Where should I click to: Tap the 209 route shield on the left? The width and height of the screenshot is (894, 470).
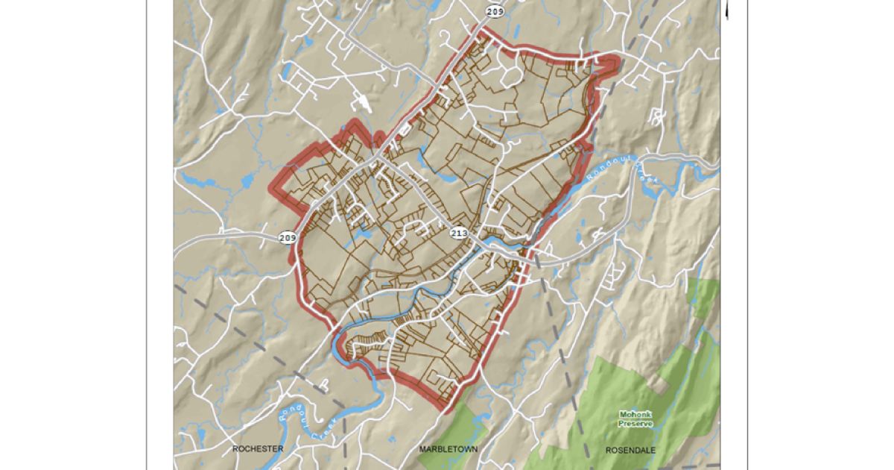pyautogui.click(x=288, y=238)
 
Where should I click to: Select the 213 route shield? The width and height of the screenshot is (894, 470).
pyautogui.click(x=459, y=234)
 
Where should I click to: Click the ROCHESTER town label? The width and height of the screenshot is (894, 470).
pyautogui.click(x=258, y=449)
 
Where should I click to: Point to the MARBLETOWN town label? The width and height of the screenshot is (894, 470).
pyautogui.click(x=448, y=449)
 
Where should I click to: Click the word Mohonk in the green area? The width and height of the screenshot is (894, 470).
pyautogui.click(x=635, y=414)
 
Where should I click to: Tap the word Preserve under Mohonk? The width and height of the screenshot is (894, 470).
pyautogui.click(x=635, y=423)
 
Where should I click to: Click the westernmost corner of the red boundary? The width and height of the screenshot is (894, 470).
pyautogui.click(x=272, y=189)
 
